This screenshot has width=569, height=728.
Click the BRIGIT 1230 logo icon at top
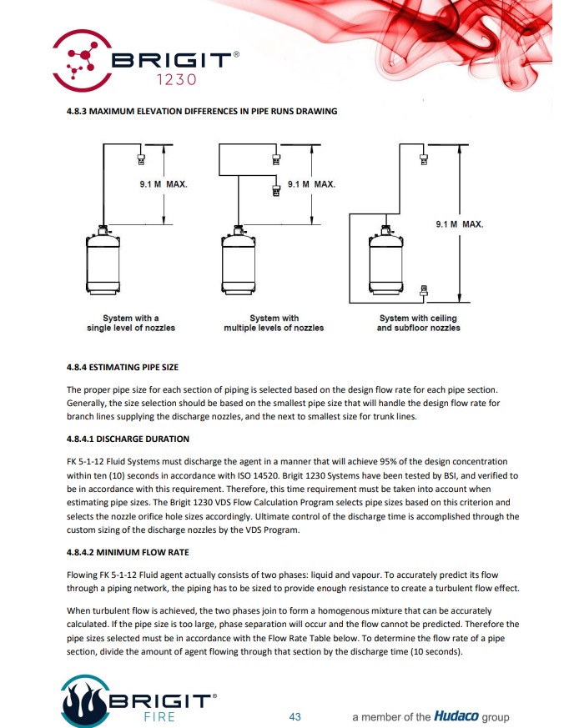point(81,58)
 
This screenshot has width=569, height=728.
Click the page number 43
point(295,716)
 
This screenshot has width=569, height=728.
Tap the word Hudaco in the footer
point(456,716)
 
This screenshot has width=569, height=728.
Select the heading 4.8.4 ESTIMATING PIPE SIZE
point(122,367)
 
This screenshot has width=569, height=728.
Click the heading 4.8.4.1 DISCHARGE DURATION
point(128,439)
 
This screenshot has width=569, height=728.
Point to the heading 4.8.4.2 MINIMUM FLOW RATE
point(128,552)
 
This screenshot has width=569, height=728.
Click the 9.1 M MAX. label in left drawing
point(164,183)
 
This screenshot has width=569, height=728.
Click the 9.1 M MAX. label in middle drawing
point(311,183)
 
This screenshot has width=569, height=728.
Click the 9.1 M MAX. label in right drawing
point(459,224)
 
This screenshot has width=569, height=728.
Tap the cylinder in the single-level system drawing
point(103,262)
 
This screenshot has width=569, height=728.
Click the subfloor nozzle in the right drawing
point(424,291)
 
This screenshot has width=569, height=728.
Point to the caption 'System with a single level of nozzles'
point(131,323)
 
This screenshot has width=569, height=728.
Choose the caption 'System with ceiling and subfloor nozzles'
point(419,323)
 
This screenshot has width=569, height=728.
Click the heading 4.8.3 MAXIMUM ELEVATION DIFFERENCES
point(201,112)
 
